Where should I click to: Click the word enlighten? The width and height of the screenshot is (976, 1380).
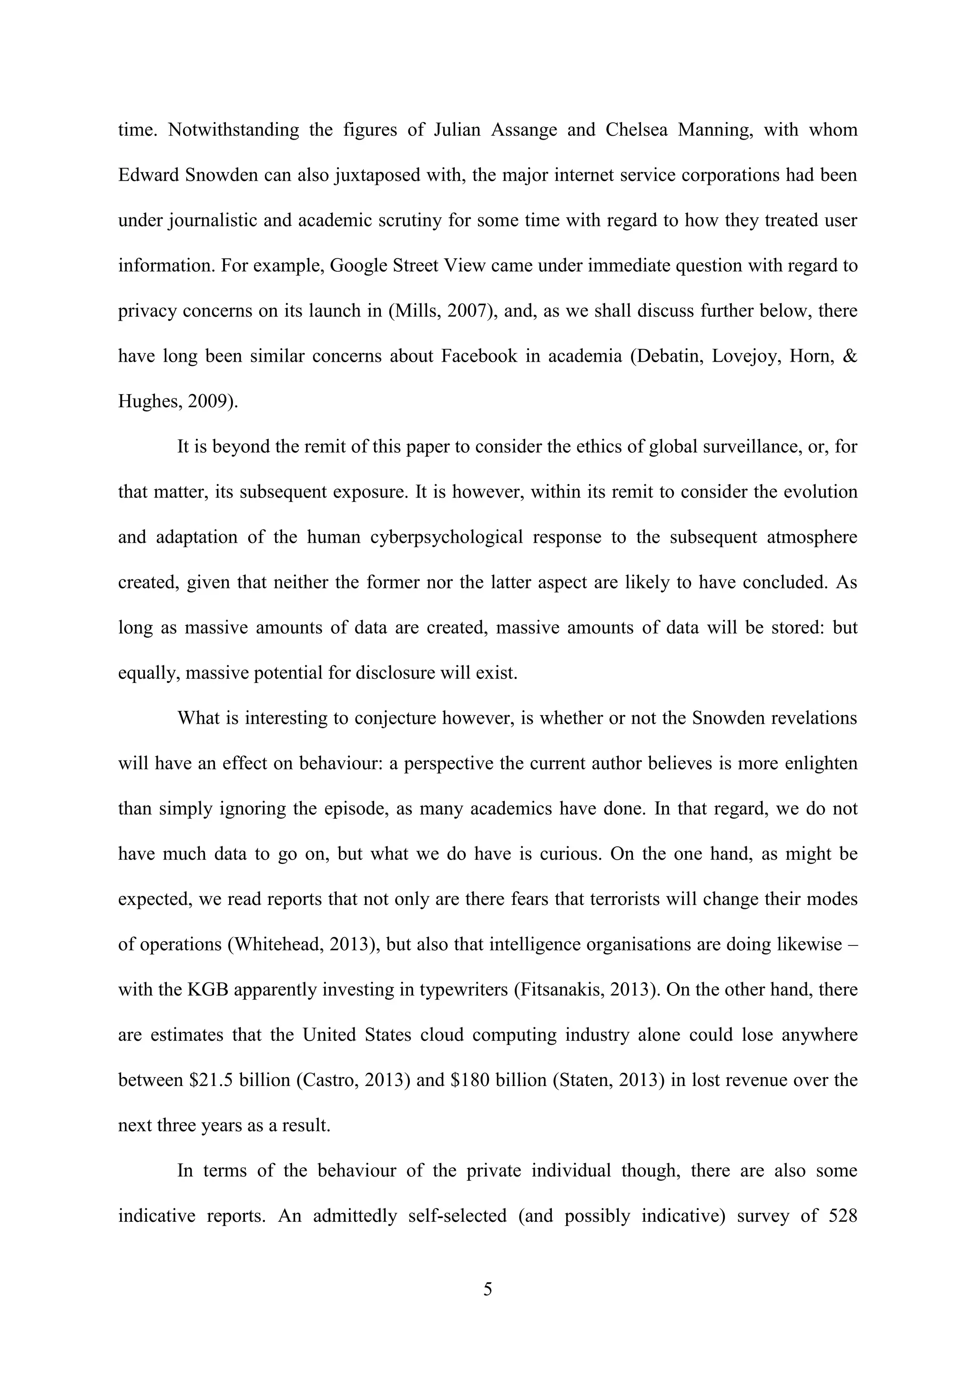point(822,763)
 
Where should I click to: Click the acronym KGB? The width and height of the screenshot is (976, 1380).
point(207,989)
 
